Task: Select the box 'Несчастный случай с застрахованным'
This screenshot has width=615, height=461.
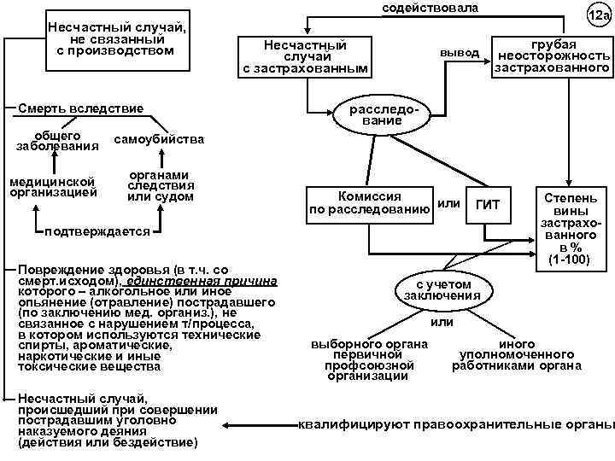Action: pyautogui.click(x=306, y=55)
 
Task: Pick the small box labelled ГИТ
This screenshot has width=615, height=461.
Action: pyautogui.click(x=487, y=204)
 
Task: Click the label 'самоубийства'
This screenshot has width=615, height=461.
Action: pyautogui.click(x=158, y=139)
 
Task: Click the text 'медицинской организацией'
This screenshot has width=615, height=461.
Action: pyautogui.click(x=53, y=186)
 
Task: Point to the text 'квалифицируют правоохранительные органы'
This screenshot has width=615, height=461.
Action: pyautogui.click(x=454, y=424)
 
